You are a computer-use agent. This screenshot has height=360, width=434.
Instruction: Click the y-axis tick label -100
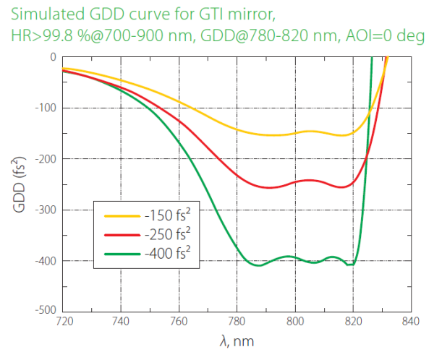coord(45,108)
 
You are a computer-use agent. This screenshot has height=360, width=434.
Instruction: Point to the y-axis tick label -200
coord(45,159)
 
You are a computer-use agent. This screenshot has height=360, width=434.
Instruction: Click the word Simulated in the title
coord(43,14)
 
